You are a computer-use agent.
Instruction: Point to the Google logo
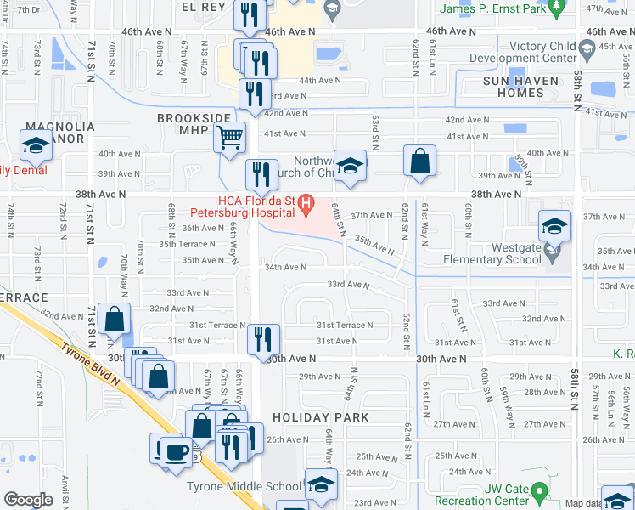point(28,500)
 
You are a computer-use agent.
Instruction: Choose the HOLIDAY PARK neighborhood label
point(321,417)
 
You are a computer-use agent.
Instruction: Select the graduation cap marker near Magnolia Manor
point(37,147)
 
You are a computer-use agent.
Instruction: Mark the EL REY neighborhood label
point(202,6)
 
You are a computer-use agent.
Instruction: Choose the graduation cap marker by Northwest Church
point(348,166)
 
